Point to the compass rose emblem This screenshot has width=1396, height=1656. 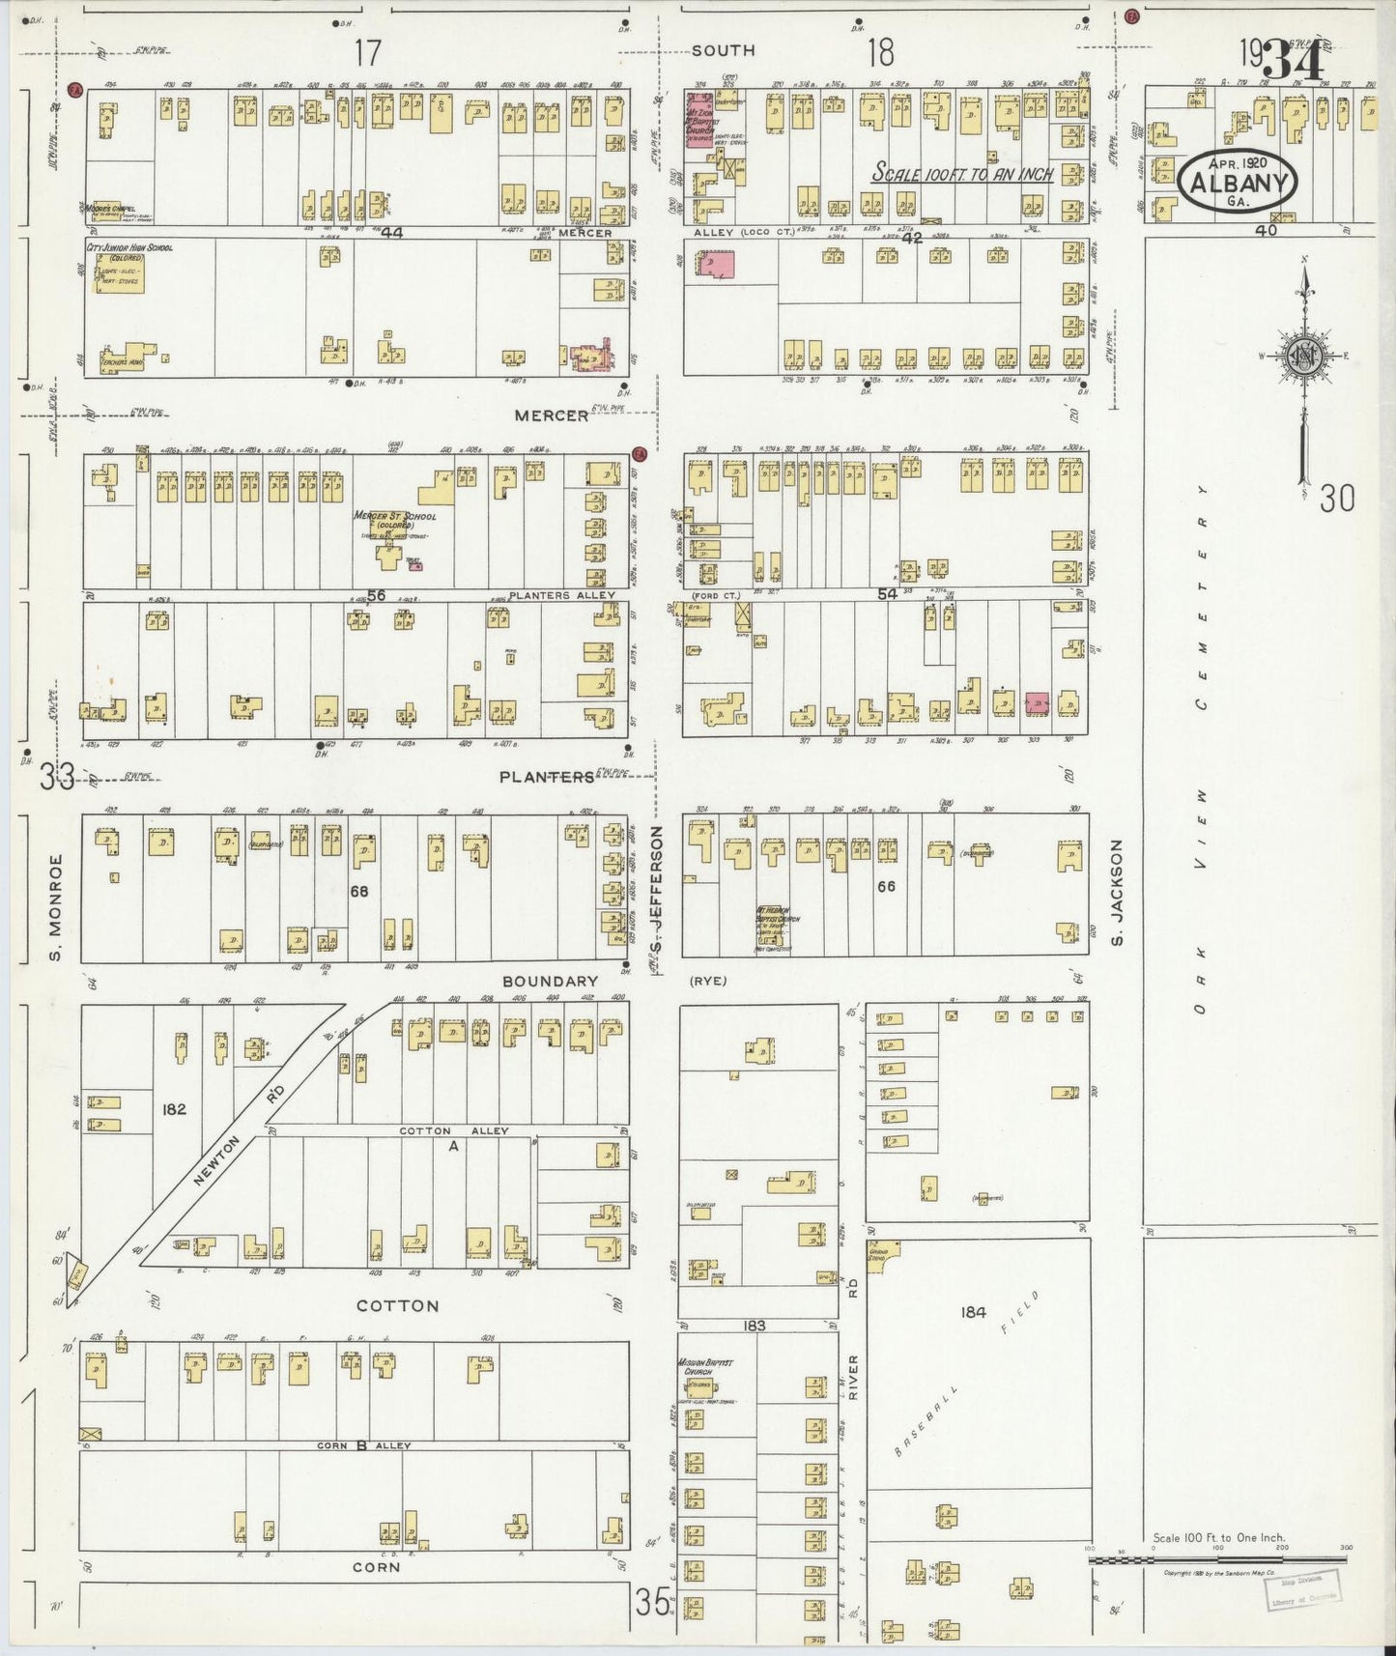[x=1303, y=356]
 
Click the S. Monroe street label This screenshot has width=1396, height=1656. [x=56, y=907]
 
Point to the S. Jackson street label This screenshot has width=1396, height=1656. [x=1119, y=893]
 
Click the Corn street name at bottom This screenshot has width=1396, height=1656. [x=376, y=1567]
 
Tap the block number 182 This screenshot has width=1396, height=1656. [x=174, y=1109]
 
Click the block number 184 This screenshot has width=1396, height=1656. [x=973, y=1312]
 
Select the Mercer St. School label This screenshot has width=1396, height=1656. [x=394, y=517]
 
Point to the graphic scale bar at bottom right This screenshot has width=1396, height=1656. [x=1217, y=1559]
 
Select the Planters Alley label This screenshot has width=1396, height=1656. [x=561, y=596]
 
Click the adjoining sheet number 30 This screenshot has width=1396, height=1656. [x=1337, y=499]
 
